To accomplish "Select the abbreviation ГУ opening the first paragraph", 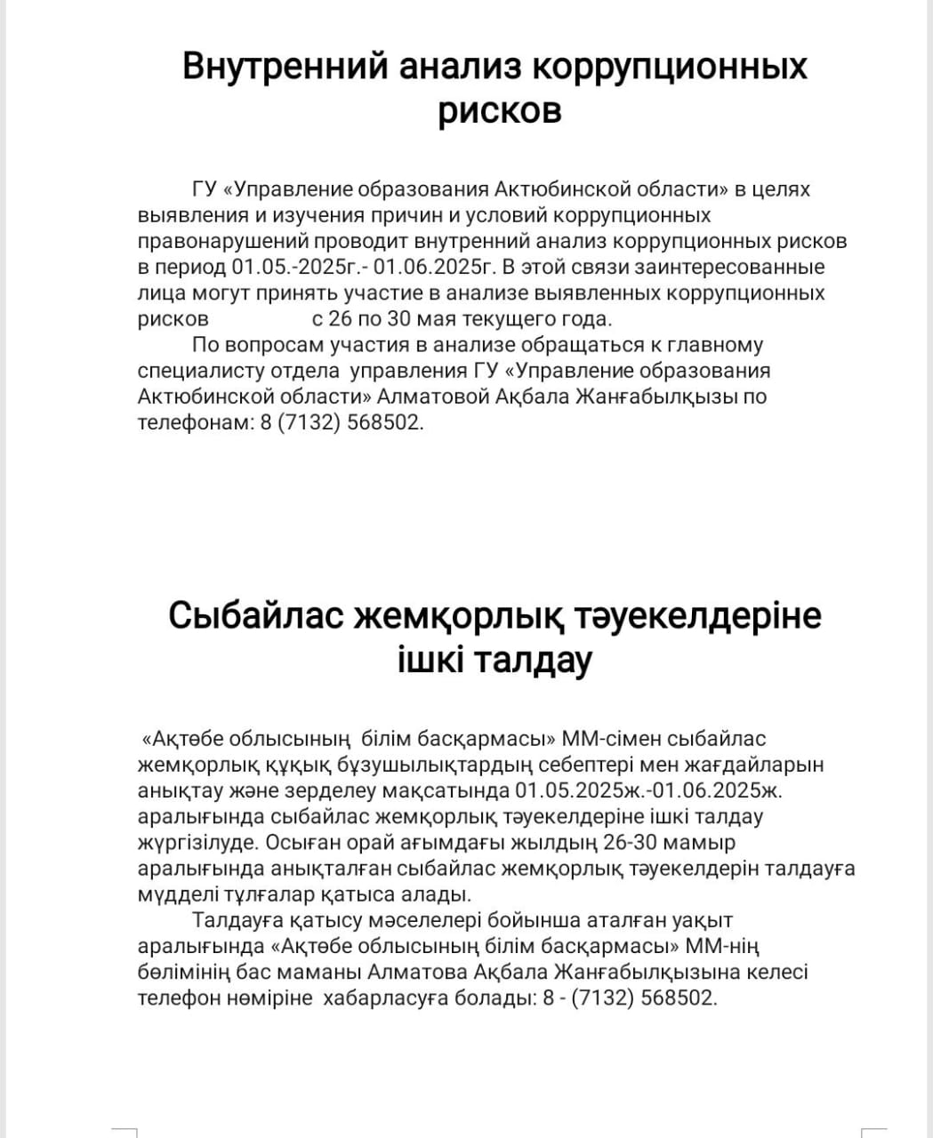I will [205, 189].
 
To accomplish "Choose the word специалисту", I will [197, 370].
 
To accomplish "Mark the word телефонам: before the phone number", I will [194, 422].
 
